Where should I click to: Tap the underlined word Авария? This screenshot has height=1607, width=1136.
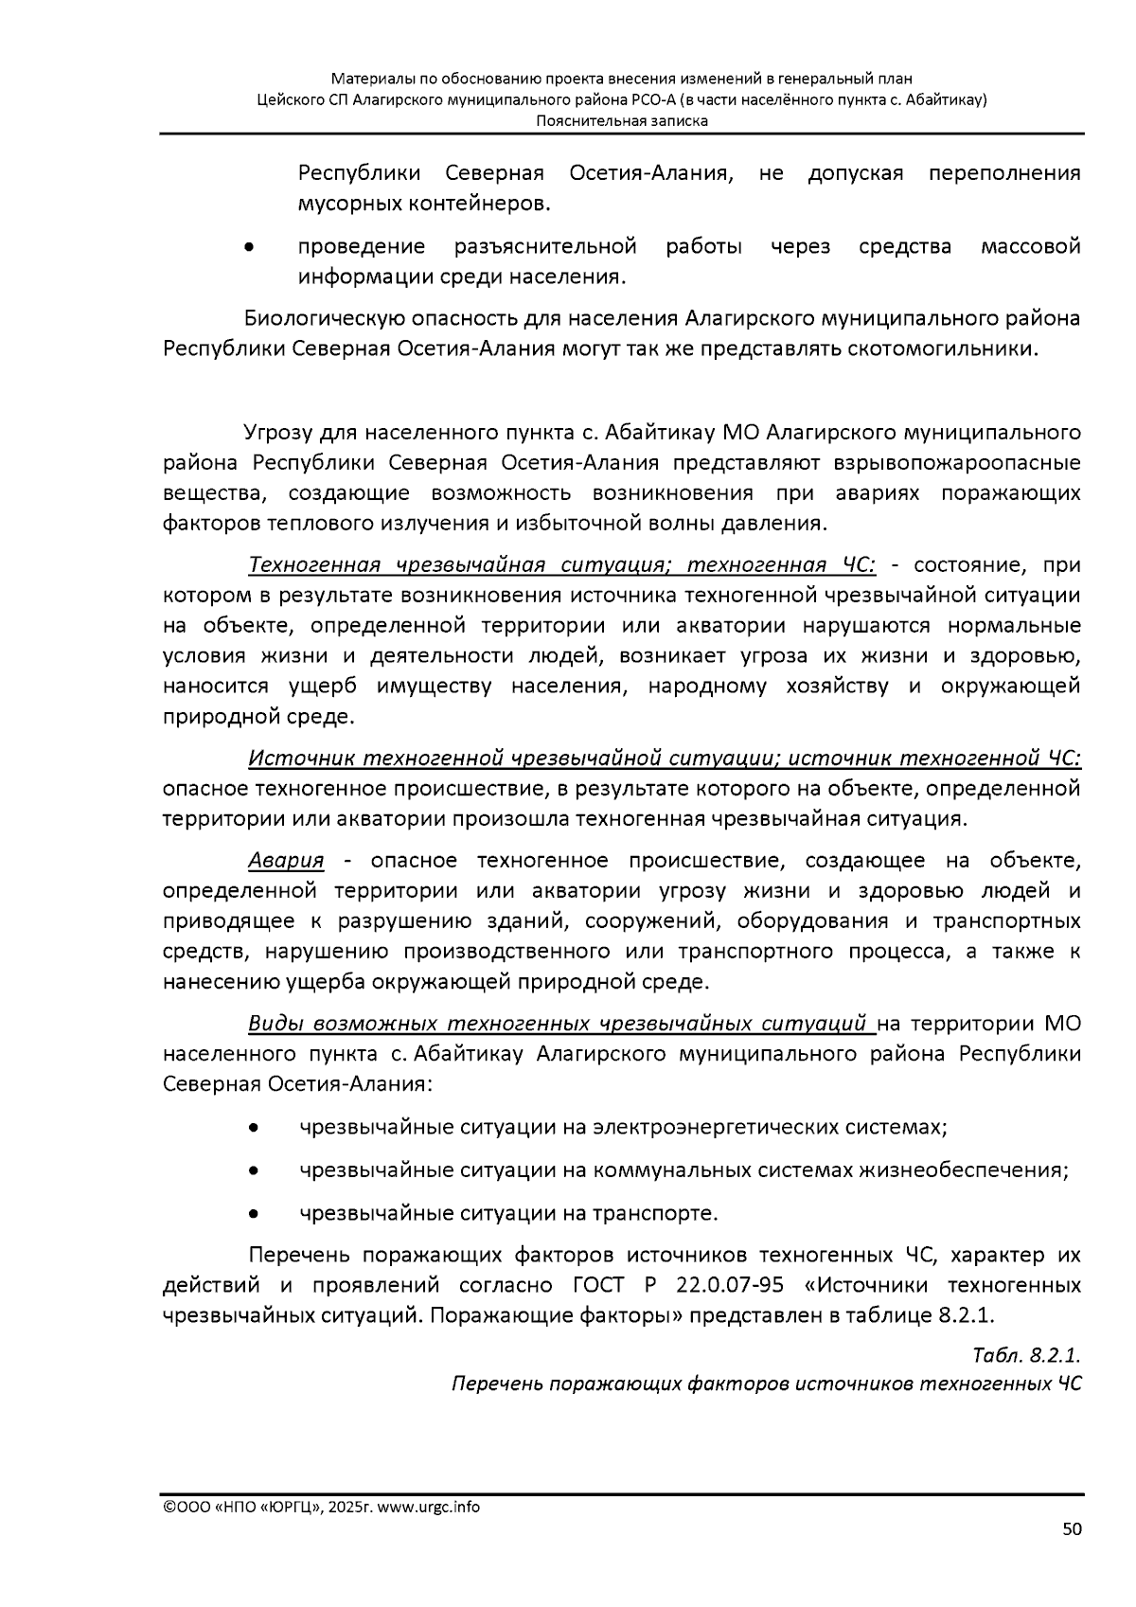coord(286,861)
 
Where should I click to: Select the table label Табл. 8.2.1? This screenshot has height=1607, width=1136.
coord(1026,1354)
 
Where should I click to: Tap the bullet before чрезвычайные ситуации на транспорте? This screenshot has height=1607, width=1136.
coord(253,1214)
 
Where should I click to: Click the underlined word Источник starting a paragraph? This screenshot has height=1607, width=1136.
coord(301,759)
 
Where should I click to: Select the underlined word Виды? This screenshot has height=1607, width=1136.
coord(274,1024)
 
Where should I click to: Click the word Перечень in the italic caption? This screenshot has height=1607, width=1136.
coord(497,1384)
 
